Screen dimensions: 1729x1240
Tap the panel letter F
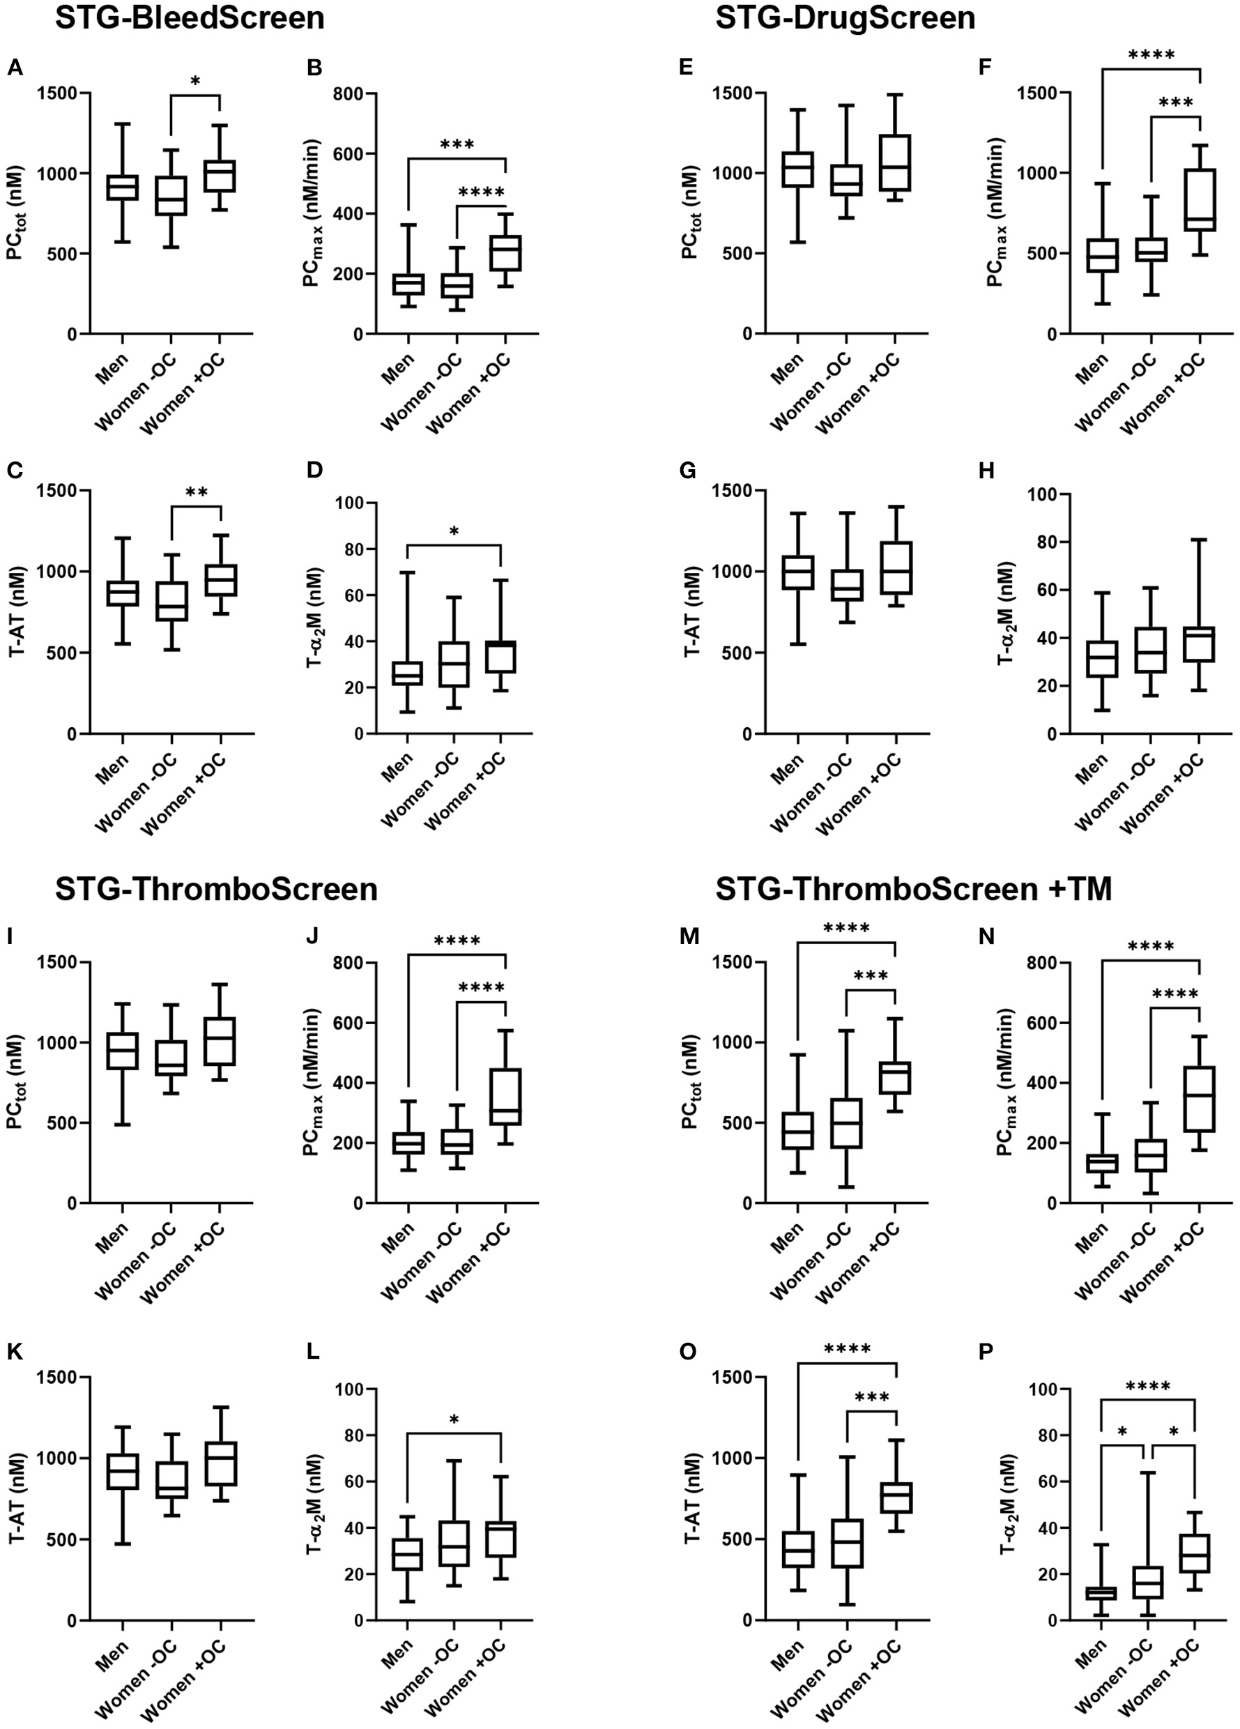[986, 68]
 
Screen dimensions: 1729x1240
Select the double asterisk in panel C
[196, 493]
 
